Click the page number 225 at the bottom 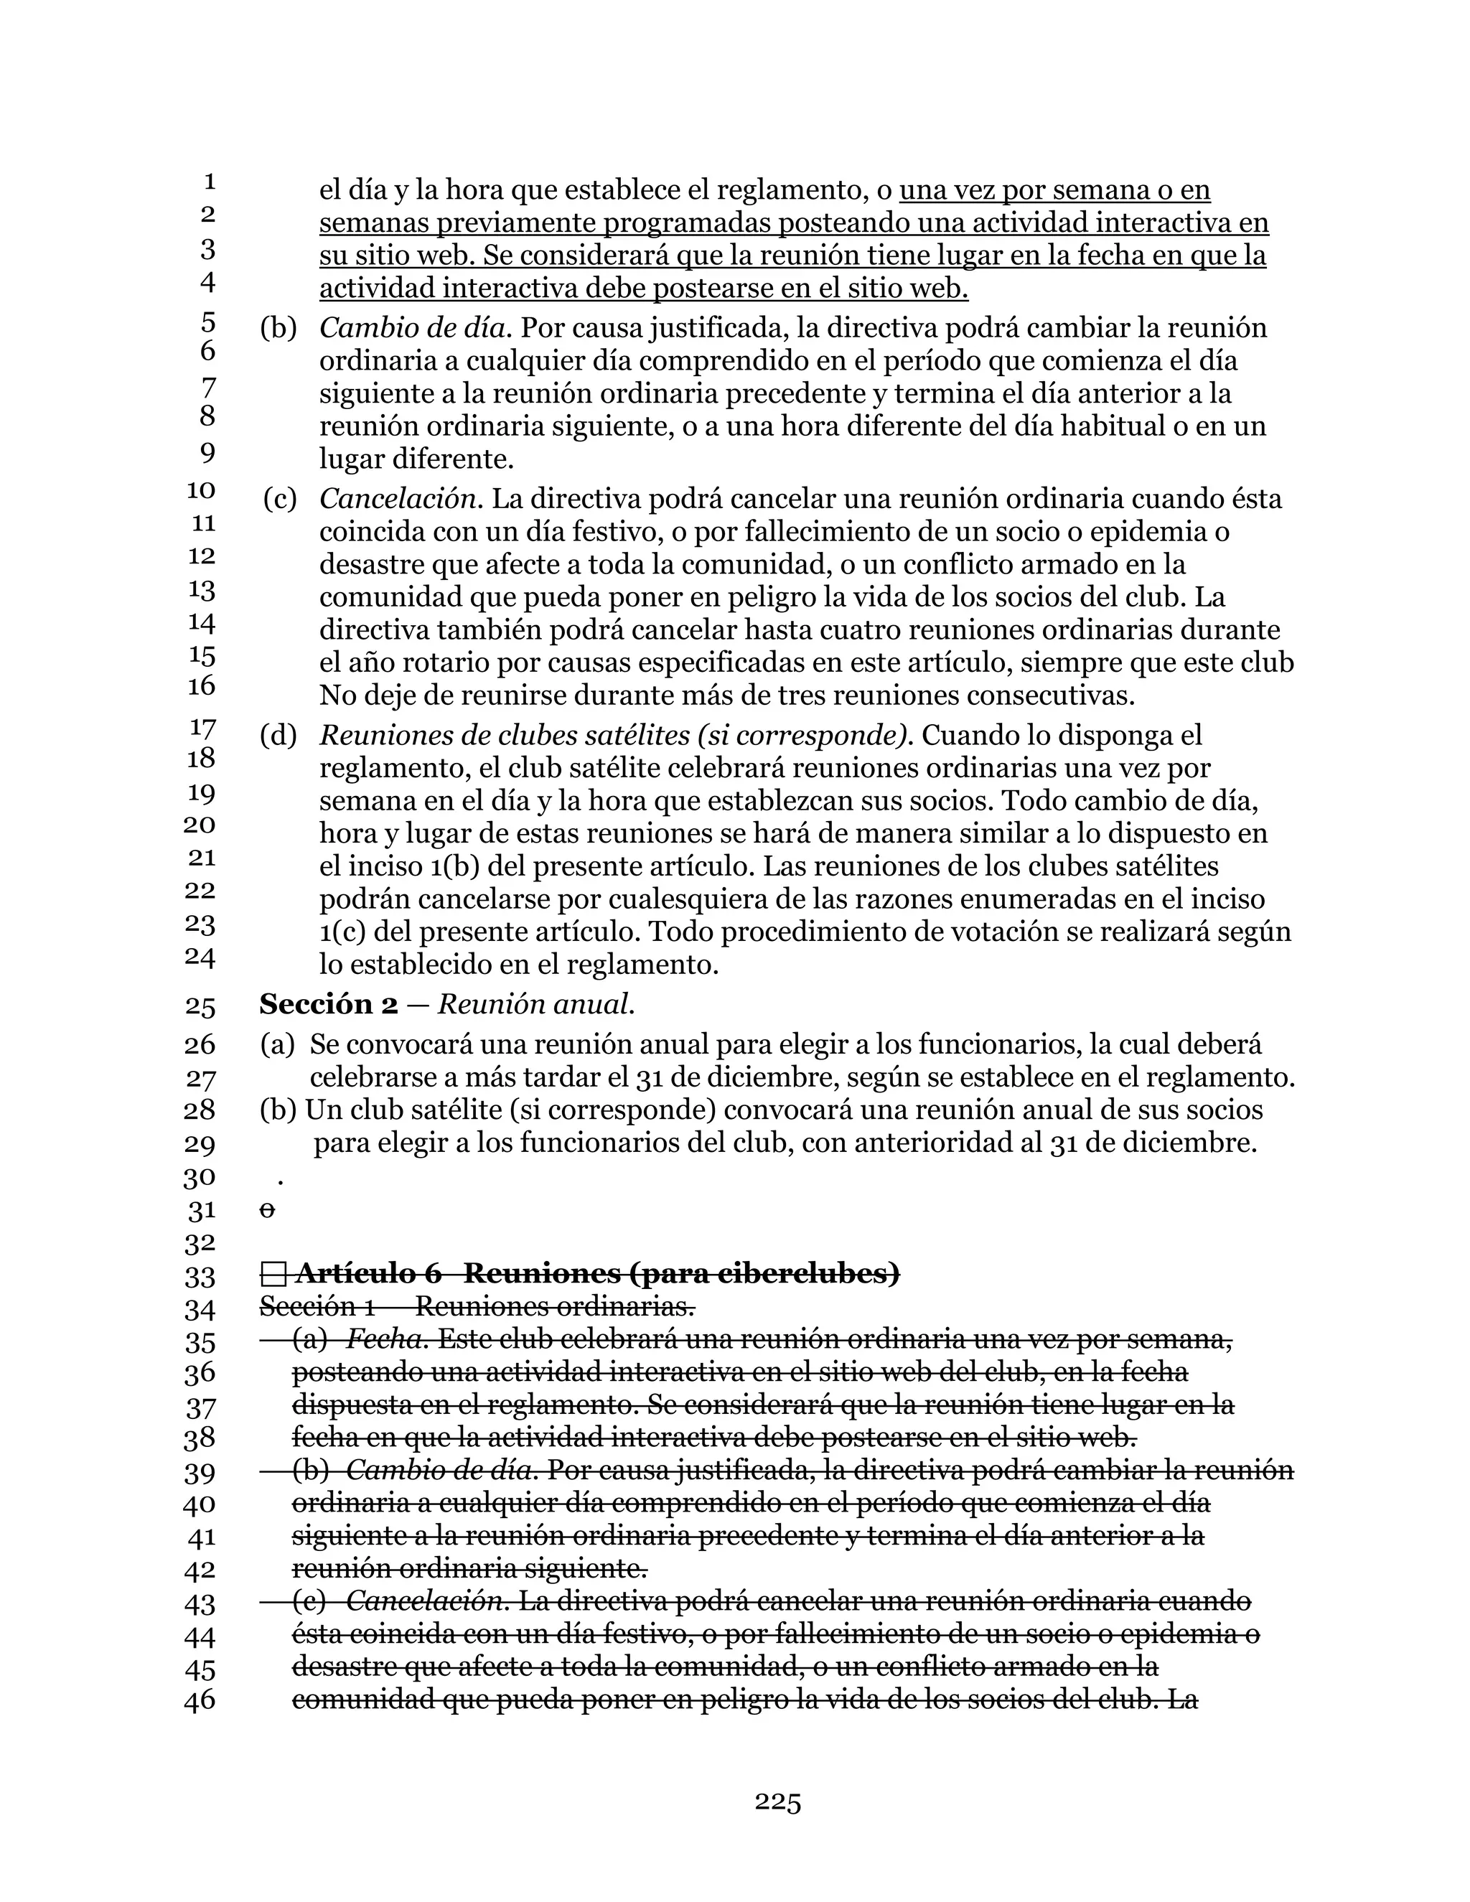(x=777, y=1802)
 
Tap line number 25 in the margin (x=200, y=1007)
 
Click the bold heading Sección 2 (x=328, y=1004)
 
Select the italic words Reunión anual (x=535, y=1004)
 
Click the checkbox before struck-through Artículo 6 (x=273, y=1275)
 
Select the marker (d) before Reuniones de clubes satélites (x=278, y=735)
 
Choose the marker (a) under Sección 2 (x=277, y=1044)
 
